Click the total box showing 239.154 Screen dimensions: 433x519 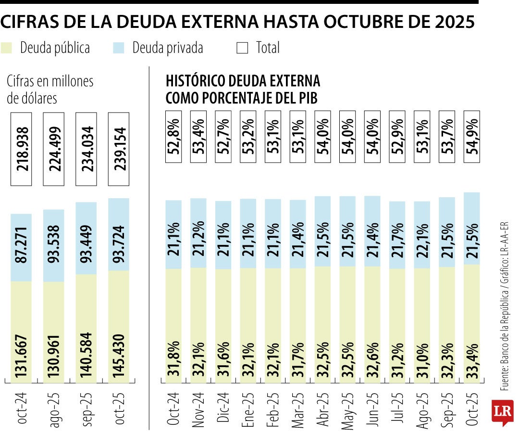(119, 149)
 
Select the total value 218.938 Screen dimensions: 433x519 (21, 149)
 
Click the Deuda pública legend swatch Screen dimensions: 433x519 (7, 48)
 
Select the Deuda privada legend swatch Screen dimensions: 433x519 (119, 48)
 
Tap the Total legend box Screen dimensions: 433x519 (243, 48)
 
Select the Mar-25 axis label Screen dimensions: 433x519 (298, 408)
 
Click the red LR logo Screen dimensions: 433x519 (502, 413)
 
